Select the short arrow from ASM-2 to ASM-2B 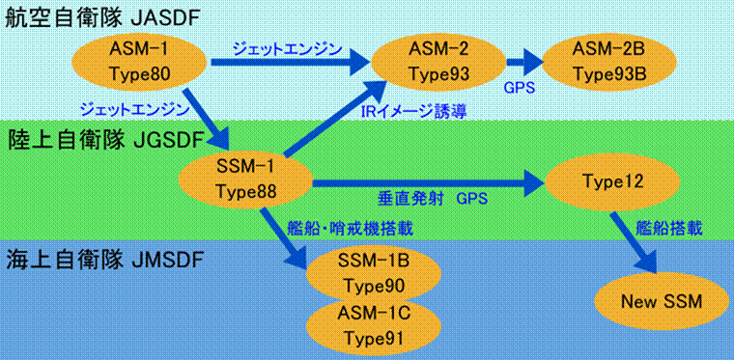(x=522, y=63)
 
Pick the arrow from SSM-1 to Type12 (x=425, y=180)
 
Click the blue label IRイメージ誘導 (x=412, y=112)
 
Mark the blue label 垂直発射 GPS (x=432, y=200)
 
